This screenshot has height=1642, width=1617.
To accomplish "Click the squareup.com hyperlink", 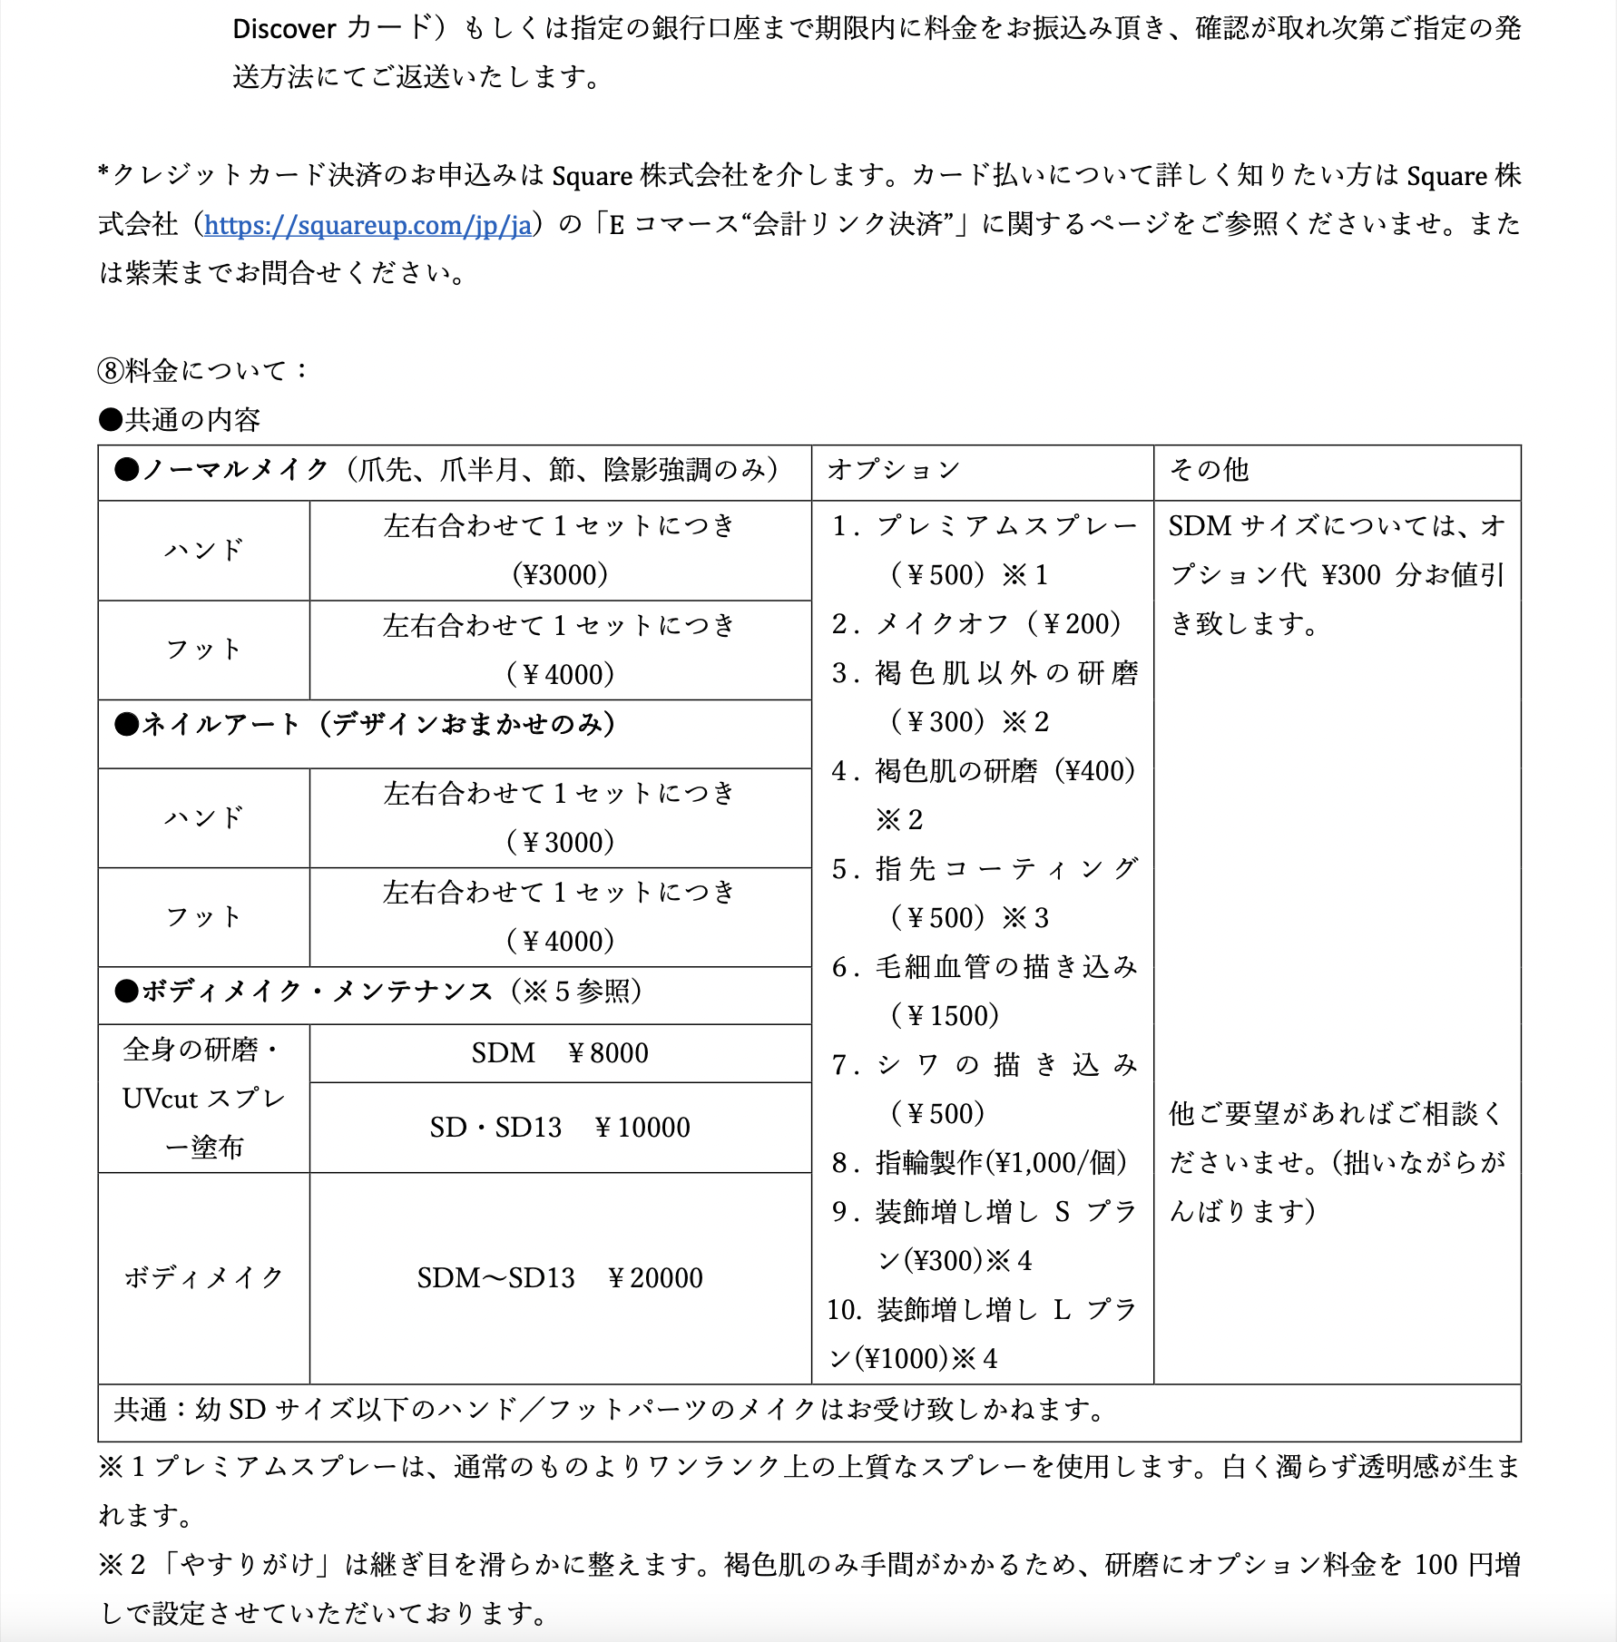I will click(x=367, y=224).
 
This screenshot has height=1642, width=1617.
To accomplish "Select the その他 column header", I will click(x=1209, y=470).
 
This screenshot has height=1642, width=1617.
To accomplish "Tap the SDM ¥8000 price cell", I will click(x=560, y=1053).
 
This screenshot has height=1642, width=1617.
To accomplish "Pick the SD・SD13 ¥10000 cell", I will click(x=560, y=1128).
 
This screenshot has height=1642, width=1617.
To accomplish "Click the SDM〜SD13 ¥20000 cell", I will click(x=560, y=1278).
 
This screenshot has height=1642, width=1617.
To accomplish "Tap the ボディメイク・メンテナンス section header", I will click(x=377, y=992).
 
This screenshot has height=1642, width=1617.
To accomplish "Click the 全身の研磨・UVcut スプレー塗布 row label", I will click(x=203, y=1099).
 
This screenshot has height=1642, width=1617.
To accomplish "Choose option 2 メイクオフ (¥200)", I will click(x=976, y=624).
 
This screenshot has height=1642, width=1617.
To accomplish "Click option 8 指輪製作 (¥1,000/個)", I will click(x=979, y=1163).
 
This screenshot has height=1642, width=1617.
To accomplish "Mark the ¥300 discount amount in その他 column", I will click(x=1351, y=575).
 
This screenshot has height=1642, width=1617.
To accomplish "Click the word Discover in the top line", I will click(x=284, y=29).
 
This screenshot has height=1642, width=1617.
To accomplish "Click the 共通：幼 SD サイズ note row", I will click(x=608, y=1410).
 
